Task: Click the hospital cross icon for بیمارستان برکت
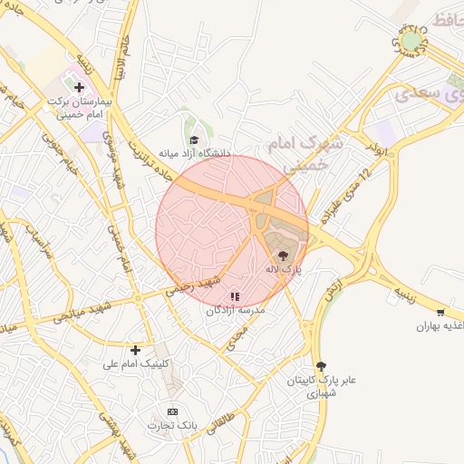point(80,88)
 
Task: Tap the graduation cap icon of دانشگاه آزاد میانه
point(194,140)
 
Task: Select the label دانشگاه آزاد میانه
point(195,153)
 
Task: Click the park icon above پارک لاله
point(283,256)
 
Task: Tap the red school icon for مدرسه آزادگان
point(236,296)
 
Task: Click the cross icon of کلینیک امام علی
point(135,350)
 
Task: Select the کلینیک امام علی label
point(136,363)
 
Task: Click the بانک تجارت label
point(173,425)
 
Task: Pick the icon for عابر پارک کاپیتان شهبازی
point(319,365)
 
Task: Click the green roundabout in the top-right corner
point(412,42)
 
